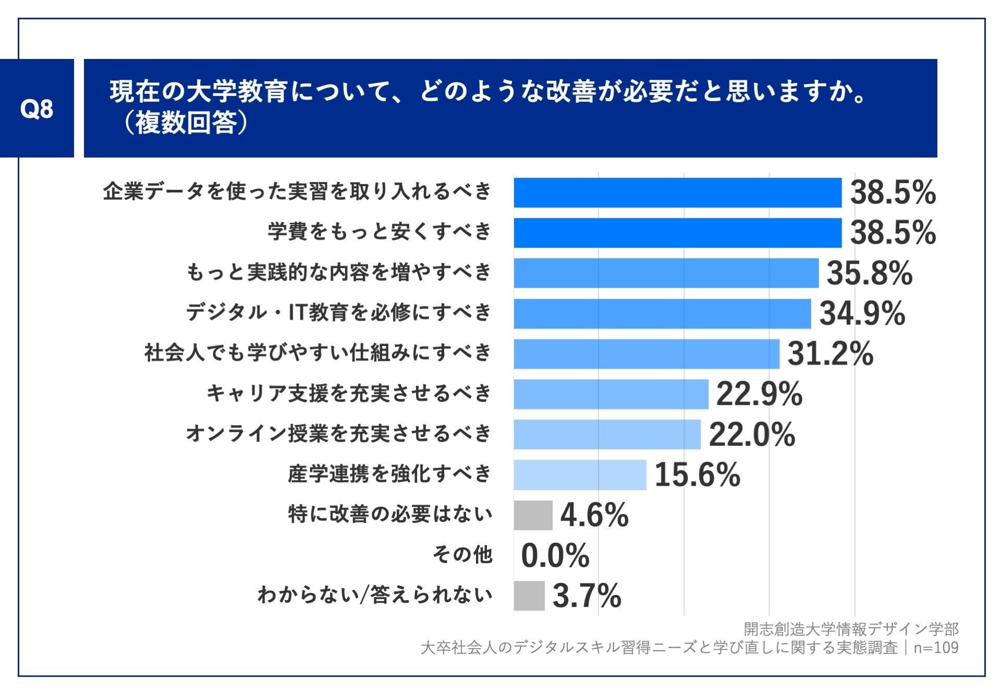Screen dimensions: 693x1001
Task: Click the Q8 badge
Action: point(36,108)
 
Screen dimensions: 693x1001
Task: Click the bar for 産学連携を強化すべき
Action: point(580,475)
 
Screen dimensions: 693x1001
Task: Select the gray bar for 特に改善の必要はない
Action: point(533,515)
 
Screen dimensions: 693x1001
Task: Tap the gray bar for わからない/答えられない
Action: point(529,595)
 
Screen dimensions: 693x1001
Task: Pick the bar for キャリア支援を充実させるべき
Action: point(611,394)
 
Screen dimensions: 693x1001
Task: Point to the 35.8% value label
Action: point(870,273)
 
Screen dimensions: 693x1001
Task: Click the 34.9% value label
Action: point(862,313)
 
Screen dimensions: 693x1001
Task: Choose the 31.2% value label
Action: point(830,354)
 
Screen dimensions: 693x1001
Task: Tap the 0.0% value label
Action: point(555,555)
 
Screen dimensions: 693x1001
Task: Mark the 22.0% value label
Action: point(752,434)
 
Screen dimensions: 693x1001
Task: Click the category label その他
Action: point(462,554)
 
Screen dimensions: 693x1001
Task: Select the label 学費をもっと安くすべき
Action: point(380,231)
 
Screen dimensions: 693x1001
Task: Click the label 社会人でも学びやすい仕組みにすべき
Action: point(318,352)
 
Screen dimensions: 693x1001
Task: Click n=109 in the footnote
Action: point(936,648)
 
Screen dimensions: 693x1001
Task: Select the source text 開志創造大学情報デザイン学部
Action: point(851,629)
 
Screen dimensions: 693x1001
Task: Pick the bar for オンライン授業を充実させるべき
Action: point(607,434)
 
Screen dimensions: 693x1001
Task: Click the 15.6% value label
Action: point(697,475)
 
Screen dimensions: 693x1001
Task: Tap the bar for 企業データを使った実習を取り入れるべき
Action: point(678,192)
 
